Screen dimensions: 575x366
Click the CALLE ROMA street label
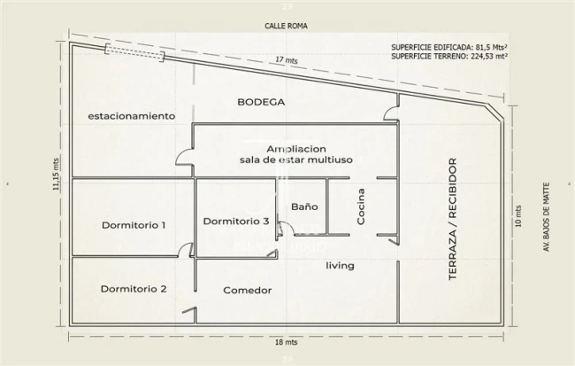pyautogui.click(x=286, y=26)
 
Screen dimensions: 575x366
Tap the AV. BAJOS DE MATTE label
pyautogui.click(x=547, y=217)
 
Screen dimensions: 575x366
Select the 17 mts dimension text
pyautogui.click(x=287, y=60)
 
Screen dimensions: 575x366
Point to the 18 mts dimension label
pyautogui.click(x=287, y=342)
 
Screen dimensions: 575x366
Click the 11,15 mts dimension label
pyautogui.click(x=56, y=175)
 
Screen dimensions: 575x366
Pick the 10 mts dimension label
pyautogui.click(x=518, y=216)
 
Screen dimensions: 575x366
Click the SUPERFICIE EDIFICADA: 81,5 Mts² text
pyautogui.click(x=449, y=47)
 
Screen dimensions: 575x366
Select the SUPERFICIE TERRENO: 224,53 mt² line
pyautogui.click(x=449, y=56)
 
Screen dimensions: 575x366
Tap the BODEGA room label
pyautogui.click(x=261, y=102)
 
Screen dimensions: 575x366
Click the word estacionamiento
pyautogui.click(x=132, y=116)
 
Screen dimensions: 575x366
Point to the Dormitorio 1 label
pyautogui.click(x=134, y=225)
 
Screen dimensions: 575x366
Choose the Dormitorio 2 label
pyautogui.click(x=134, y=289)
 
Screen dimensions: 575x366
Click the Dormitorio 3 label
pyautogui.click(x=236, y=222)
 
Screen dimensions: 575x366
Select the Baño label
pyautogui.click(x=304, y=206)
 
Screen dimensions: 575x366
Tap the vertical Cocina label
pyautogui.click(x=361, y=206)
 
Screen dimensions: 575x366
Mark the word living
pyautogui.click(x=340, y=265)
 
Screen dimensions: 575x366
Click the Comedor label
pyautogui.click(x=248, y=291)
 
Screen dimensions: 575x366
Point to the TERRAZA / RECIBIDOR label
pyautogui.click(x=453, y=219)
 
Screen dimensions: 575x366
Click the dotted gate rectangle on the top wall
pyautogui.click(x=134, y=53)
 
